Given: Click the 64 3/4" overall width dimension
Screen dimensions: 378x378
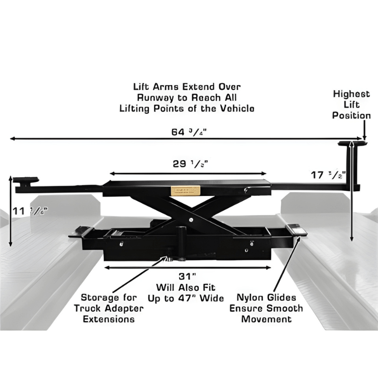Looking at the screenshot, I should tap(189, 132).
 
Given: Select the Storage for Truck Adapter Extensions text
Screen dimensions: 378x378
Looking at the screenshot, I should tap(109, 308).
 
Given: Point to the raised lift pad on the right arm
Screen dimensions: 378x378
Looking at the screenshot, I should tap(352, 144).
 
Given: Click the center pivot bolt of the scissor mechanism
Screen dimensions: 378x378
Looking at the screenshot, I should tap(189, 219).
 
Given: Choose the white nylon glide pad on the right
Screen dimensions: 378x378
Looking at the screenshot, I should tap(298, 229).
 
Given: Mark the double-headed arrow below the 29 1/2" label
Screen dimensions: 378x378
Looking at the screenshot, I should tap(189, 173).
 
